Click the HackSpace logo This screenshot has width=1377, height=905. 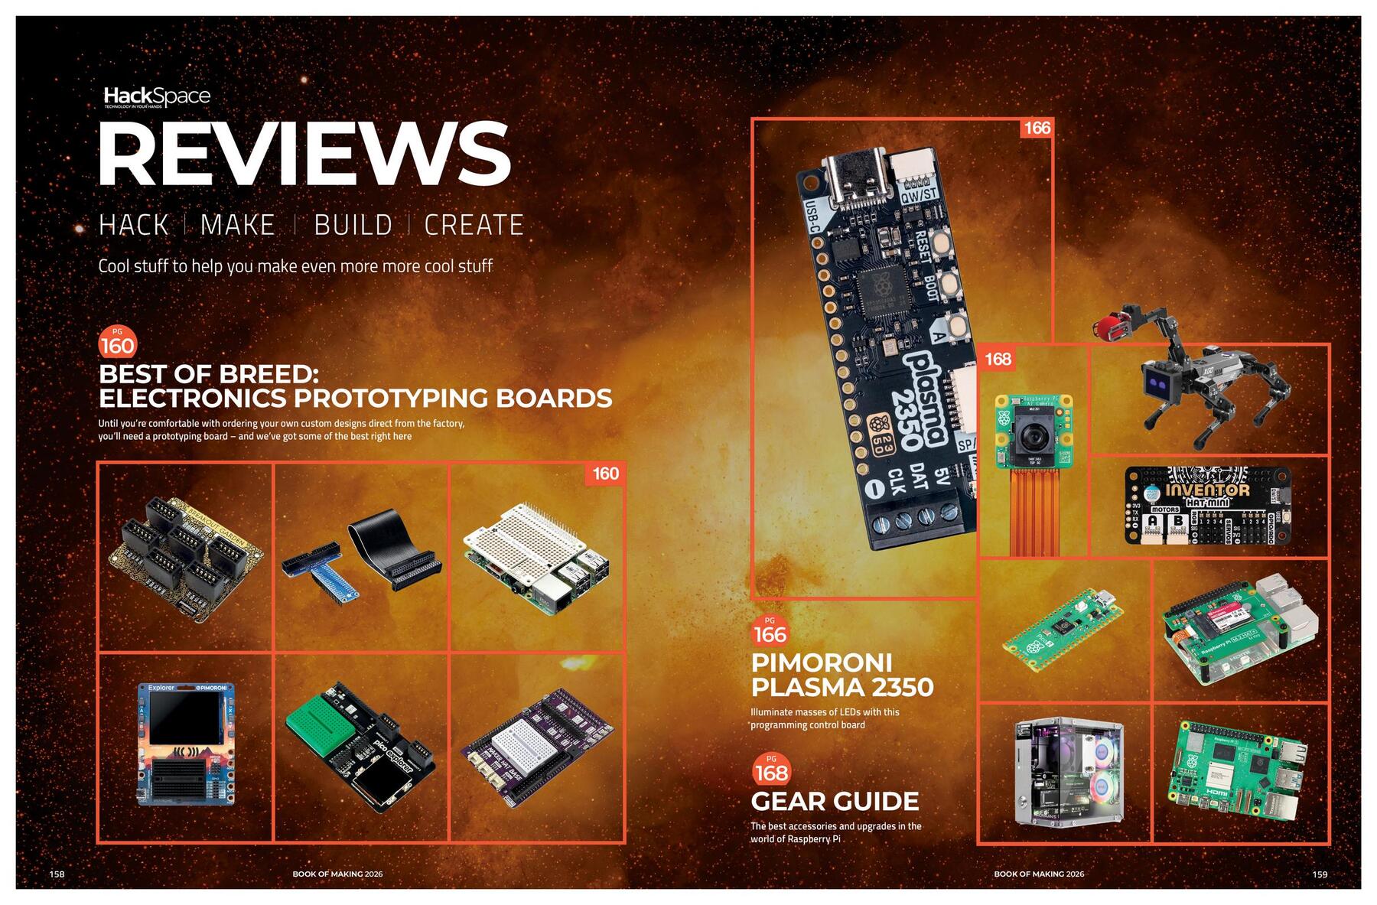157,97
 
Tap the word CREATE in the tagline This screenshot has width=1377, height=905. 474,225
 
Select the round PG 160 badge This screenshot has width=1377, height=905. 117,343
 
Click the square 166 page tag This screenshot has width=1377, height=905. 1037,128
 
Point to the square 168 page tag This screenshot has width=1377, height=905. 998,359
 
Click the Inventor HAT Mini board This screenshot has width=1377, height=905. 1207,505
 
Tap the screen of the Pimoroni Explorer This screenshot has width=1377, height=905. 184,718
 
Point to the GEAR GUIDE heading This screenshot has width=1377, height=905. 835,801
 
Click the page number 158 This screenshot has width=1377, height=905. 57,874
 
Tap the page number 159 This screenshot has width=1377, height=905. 1320,874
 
